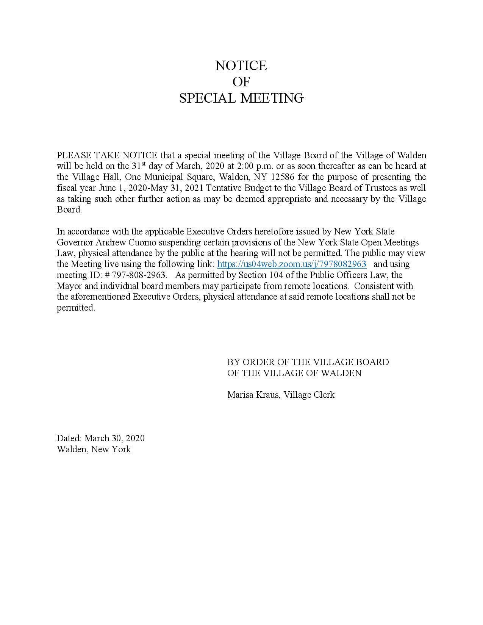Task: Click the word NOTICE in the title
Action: [241, 66]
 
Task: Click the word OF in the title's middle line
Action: [241, 82]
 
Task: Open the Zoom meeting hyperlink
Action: [292, 264]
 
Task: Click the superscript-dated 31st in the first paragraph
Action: [138, 166]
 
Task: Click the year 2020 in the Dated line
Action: [135, 438]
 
